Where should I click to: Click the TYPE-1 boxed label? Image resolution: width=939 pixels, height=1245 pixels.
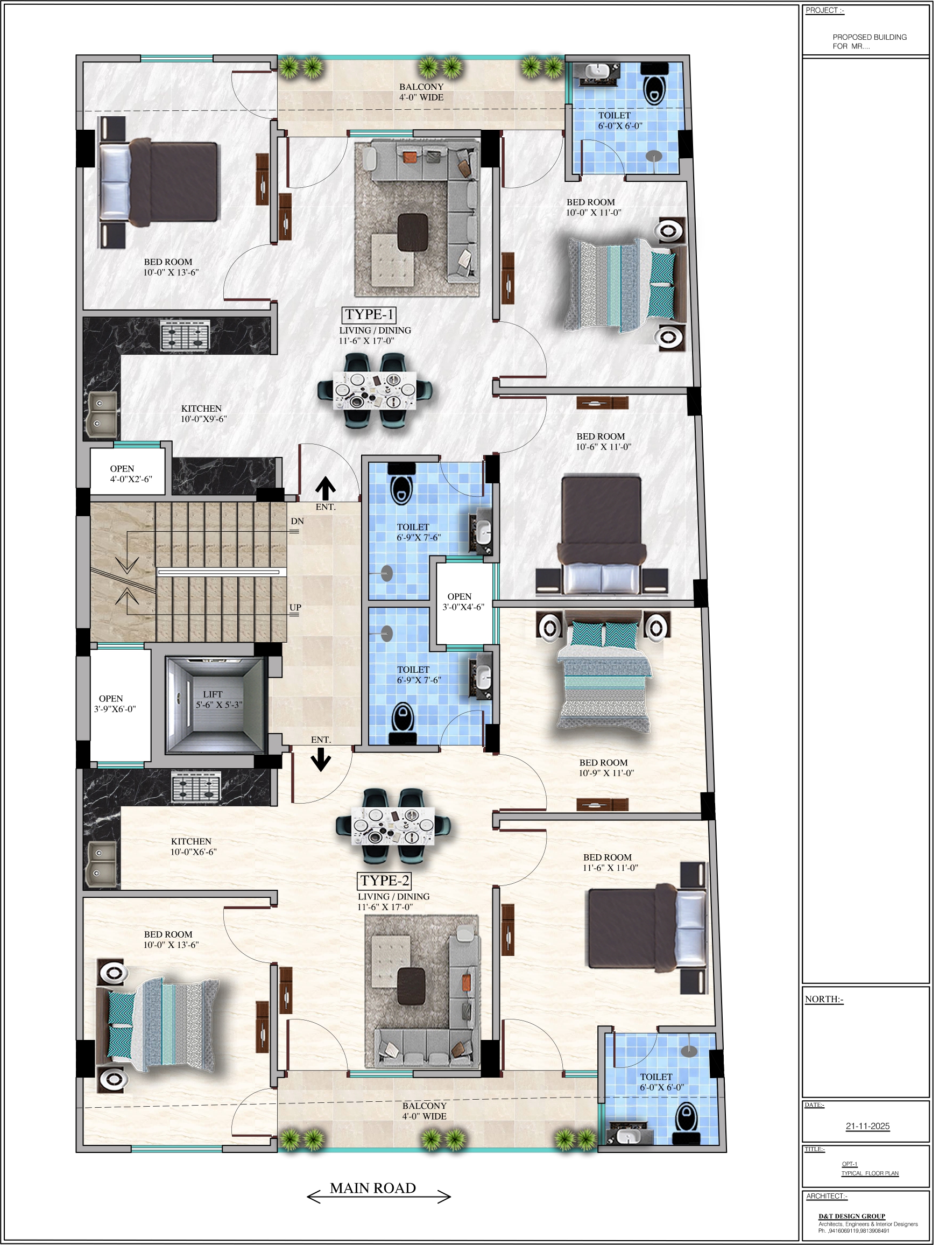pyautogui.click(x=369, y=315)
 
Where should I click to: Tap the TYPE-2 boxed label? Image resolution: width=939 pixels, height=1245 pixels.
pyautogui.click(x=384, y=881)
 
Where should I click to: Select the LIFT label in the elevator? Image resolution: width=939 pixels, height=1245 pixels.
pyautogui.click(x=213, y=694)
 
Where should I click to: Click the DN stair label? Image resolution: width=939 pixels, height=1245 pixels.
pyautogui.click(x=297, y=521)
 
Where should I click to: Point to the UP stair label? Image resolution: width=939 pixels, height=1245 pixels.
pyautogui.click(x=295, y=607)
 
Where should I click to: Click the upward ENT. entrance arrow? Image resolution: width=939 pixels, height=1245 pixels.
pyautogui.click(x=325, y=489)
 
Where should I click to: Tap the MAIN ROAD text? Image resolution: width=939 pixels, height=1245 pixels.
pyautogui.click(x=373, y=1188)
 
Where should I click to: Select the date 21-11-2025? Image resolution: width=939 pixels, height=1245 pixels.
pyautogui.click(x=867, y=1126)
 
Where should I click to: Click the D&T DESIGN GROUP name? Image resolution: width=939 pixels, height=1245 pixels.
pyautogui.click(x=852, y=1216)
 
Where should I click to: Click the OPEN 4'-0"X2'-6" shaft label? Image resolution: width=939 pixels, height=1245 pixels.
pyautogui.click(x=131, y=474)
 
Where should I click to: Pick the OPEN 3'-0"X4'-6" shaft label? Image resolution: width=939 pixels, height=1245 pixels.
pyautogui.click(x=463, y=602)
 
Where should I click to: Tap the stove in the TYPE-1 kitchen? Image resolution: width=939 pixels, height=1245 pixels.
pyautogui.click(x=185, y=335)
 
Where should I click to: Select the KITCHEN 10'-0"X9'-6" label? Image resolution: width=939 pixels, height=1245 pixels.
pyautogui.click(x=203, y=414)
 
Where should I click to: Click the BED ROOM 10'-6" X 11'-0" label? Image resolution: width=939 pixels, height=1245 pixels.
pyautogui.click(x=603, y=442)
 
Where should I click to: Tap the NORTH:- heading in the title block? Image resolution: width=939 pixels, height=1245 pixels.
pyautogui.click(x=824, y=999)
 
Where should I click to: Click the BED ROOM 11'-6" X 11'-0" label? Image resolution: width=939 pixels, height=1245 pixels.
pyautogui.click(x=610, y=862)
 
